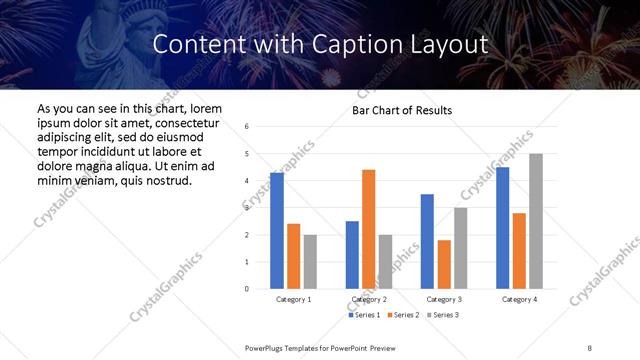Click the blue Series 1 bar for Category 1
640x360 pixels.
coord(277,231)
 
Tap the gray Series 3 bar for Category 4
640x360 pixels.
coord(536,221)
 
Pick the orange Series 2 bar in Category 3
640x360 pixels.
coord(444,264)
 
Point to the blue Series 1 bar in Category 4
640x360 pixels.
coord(502,228)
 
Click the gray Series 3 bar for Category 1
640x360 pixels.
coord(310,262)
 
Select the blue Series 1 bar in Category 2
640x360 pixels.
coord(352,255)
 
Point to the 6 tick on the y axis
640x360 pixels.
coord(247,126)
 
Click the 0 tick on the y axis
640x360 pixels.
coord(247,289)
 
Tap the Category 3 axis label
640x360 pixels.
coord(443,299)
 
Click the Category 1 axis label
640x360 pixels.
coord(293,299)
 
